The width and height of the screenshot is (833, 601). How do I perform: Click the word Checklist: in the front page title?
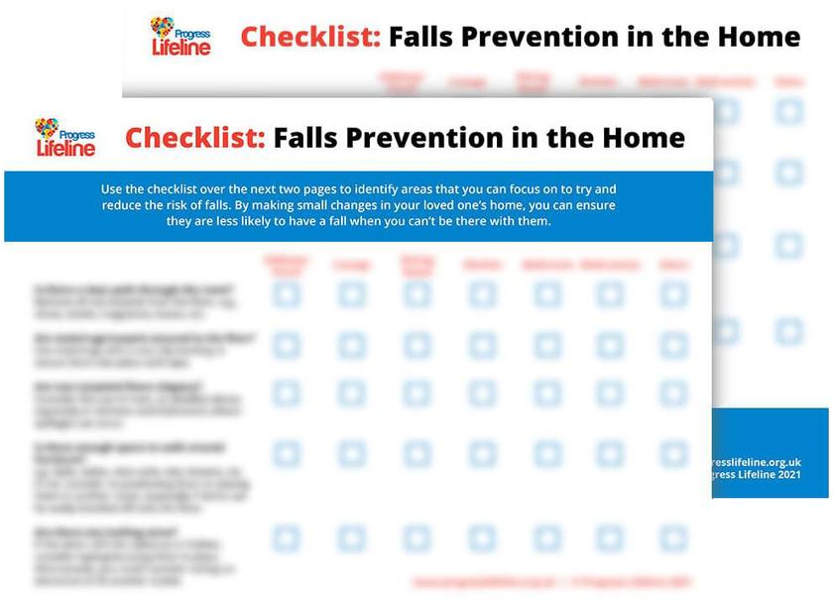click(195, 137)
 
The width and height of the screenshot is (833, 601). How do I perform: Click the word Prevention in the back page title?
click(530, 38)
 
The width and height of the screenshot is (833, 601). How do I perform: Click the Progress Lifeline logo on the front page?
click(65, 138)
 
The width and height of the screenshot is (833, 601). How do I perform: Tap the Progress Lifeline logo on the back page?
click(180, 37)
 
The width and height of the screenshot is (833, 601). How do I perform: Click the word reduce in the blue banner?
click(122, 205)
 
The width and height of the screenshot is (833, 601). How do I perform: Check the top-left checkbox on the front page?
click(287, 295)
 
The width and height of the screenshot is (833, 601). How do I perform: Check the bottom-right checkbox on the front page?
click(673, 538)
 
